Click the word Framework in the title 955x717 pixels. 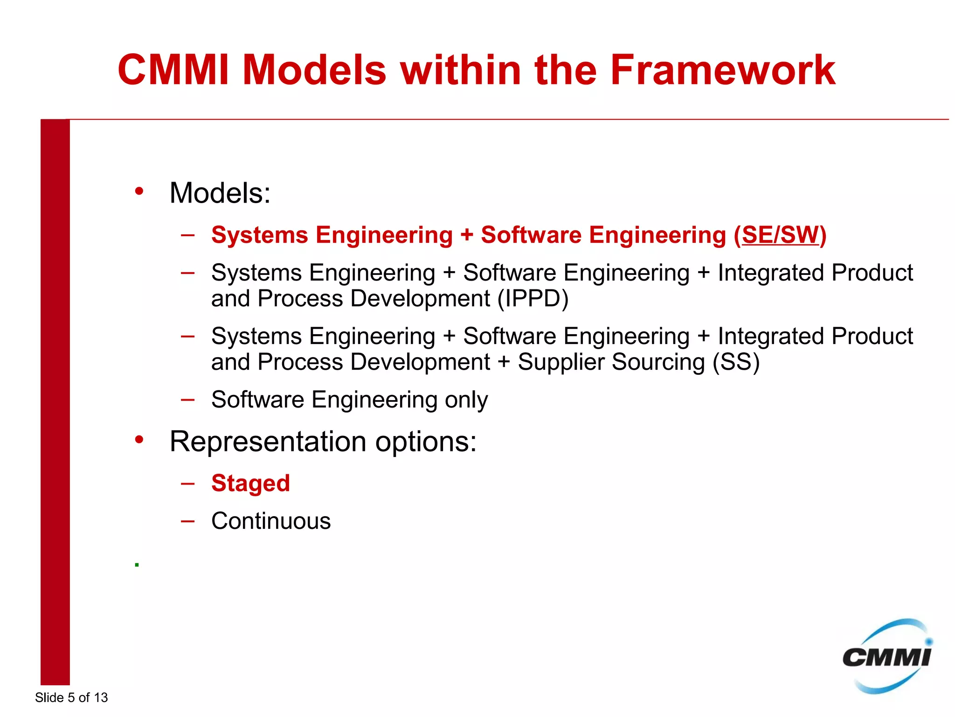click(x=723, y=70)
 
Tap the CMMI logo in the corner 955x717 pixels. click(x=886, y=657)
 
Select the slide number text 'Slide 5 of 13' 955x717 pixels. click(x=71, y=697)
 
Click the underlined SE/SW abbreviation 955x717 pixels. click(x=780, y=235)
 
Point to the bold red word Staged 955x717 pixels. click(x=250, y=483)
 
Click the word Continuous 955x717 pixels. click(x=271, y=521)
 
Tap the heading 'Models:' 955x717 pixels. click(x=220, y=193)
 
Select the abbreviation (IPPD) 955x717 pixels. click(x=533, y=299)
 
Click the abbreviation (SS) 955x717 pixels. click(x=736, y=362)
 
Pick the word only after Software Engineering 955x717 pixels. click(x=466, y=400)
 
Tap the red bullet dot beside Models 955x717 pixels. click(x=139, y=191)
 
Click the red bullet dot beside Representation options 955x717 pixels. click(x=139, y=439)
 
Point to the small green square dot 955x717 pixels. click(x=137, y=565)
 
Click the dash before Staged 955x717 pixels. click(x=187, y=483)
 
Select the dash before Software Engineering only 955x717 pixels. click(x=187, y=400)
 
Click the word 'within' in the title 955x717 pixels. click(x=460, y=70)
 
